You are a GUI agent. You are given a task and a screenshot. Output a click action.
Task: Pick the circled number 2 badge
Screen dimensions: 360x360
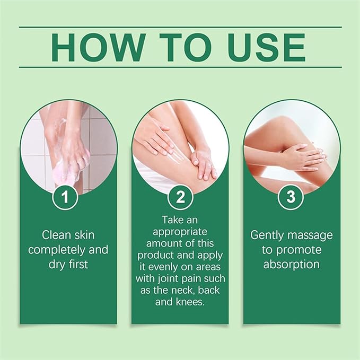point(180,198)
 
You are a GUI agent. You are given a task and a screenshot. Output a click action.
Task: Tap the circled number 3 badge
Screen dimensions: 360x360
point(291,198)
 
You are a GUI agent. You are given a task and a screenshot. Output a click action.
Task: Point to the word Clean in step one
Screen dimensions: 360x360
point(56,235)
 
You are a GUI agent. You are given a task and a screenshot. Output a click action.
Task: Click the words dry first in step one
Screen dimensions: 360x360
point(68,264)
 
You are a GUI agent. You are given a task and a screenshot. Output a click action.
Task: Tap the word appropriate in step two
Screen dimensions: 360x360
point(180,232)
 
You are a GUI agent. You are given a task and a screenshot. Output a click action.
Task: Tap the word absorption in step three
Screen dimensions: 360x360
point(291,264)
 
